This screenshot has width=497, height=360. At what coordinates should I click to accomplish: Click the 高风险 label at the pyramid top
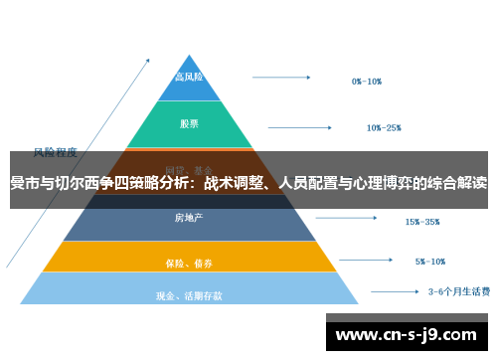pyautogui.click(x=189, y=77)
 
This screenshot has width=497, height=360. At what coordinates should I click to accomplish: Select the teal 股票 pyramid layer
pyautogui.click(x=189, y=124)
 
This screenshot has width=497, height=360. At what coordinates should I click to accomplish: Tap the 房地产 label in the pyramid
pyautogui.click(x=189, y=217)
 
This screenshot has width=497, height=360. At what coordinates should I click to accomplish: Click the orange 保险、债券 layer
pyautogui.click(x=189, y=264)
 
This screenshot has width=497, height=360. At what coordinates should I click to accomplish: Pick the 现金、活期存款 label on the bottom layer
pyautogui.click(x=189, y=295)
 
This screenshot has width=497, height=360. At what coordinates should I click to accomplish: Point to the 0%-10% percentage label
pyautogui.click(x=366, y=82)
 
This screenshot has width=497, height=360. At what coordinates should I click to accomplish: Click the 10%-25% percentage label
pyautogui.click(x=384, y=127)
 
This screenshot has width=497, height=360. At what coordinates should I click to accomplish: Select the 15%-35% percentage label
pyautogui.click(x=421, y=222)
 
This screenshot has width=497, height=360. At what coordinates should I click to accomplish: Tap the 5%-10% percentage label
pyautogui.click(x=429, y=262)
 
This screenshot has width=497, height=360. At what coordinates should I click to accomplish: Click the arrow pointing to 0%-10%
pyautogui.click(x=283, y=76)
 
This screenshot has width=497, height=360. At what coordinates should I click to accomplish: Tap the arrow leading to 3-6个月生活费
pyautogui.click(x=394, y=292)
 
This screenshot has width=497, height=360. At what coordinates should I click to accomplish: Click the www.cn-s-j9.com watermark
pyautogui.click(x=409, y=331)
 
